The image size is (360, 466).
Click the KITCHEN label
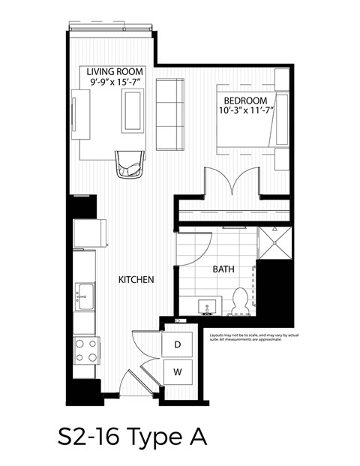tap(136, 280)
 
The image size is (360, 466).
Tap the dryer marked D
tap(178, 345)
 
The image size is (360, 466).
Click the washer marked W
tap(178, 371)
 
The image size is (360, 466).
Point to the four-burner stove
tap(85, 349)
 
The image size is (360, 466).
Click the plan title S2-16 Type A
tap(131, 435)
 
